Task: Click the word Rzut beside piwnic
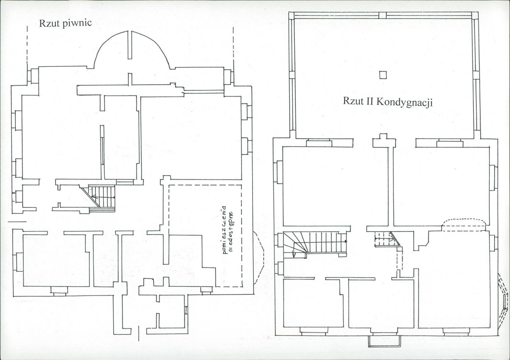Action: tap(50, 23)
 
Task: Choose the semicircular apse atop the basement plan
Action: tap(131, 49)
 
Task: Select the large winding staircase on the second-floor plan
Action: tap(314, 244)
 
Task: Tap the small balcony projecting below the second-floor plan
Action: tap(385, 341)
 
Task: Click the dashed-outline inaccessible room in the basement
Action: tap(205, 235)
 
